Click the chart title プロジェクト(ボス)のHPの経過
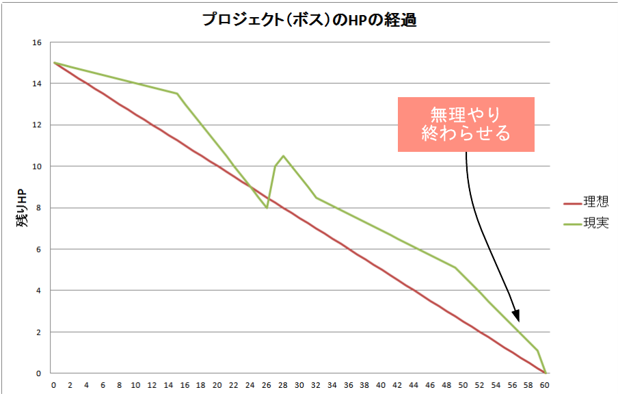click(309, 20)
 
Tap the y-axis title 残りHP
click(22, 208)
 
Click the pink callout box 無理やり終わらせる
click(466, 124)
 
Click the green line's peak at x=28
click(283, 156)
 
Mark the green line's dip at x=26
click(267, 207)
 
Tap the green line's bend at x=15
click(177, 94)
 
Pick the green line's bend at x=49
click(455, 267)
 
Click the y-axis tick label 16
click(36, 42)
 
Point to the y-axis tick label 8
click(38, 208)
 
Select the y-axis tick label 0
click(38, 373)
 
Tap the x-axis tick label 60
click(545, 385)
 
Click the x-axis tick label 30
click(299, 385)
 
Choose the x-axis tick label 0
click(54, 385)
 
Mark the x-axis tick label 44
click(414, 385)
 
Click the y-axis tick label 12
click(36, 125)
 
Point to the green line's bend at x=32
click(316, 198)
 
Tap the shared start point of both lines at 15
click(54, 63)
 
